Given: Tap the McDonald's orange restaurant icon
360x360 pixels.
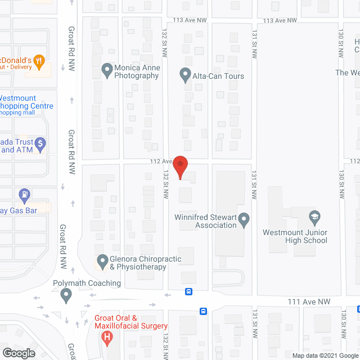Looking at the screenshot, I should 39,61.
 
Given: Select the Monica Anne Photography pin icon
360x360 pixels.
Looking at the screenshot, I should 107,70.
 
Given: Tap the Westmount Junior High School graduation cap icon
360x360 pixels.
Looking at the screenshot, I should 314,217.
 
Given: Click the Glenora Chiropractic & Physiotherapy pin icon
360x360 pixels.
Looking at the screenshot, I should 102,261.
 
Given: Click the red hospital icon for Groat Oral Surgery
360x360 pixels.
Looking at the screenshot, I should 107,337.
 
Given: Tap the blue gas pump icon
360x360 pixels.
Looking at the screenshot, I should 25,196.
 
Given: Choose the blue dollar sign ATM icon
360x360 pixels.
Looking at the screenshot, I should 40,145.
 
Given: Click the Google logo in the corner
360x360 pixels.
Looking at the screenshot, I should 18,353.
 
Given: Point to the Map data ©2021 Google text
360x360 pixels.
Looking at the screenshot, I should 325,355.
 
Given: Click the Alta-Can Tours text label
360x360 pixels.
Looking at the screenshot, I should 219,76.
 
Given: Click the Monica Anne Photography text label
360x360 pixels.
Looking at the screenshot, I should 137,71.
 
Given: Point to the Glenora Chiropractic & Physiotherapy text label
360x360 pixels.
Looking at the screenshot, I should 138,263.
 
